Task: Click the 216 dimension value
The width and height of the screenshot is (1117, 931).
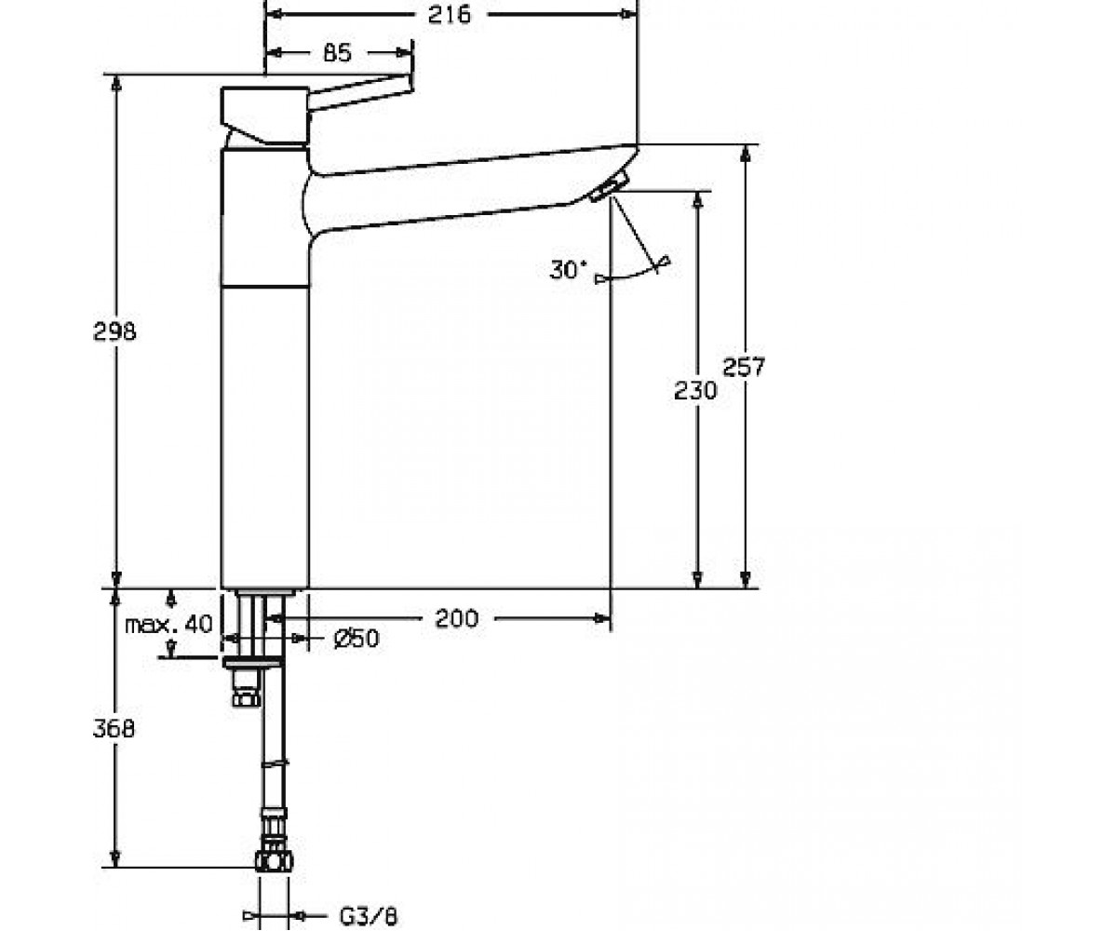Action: [450, 15]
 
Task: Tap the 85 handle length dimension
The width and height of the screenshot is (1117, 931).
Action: [338, 53]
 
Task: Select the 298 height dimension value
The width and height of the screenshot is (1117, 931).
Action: [115, 331]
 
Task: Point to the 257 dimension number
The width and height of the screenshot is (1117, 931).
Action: [744, 367]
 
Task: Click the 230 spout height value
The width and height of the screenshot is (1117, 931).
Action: [695, 391]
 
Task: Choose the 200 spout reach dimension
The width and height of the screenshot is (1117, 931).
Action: [456, 618]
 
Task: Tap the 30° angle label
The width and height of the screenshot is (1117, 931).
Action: [568, 270]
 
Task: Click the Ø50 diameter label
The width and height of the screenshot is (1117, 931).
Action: [357, 639]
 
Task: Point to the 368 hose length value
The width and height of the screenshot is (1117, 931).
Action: [114, 729]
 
